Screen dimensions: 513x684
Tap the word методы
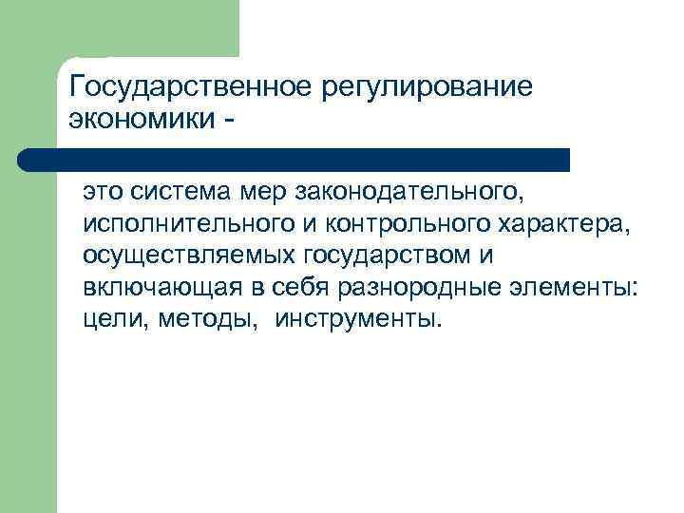click(x=210, y=319)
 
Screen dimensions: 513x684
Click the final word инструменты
click(x=358, y=319)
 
